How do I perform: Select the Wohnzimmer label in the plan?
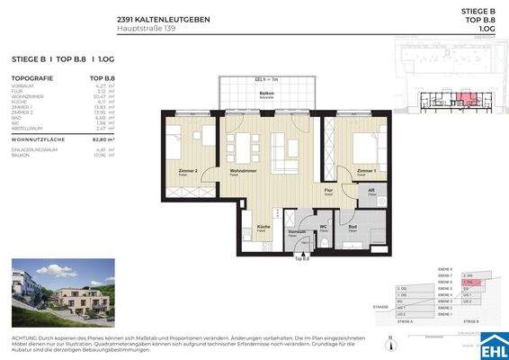tap(244, 169)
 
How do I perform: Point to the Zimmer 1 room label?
tap(365, 169)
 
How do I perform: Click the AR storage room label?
tap(370, 191)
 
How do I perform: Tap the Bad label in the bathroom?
tap(353, 226)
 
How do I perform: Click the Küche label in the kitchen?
tap(263, 226)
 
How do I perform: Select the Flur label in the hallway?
tap(329, 191)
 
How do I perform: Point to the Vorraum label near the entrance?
tap(296, 231)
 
